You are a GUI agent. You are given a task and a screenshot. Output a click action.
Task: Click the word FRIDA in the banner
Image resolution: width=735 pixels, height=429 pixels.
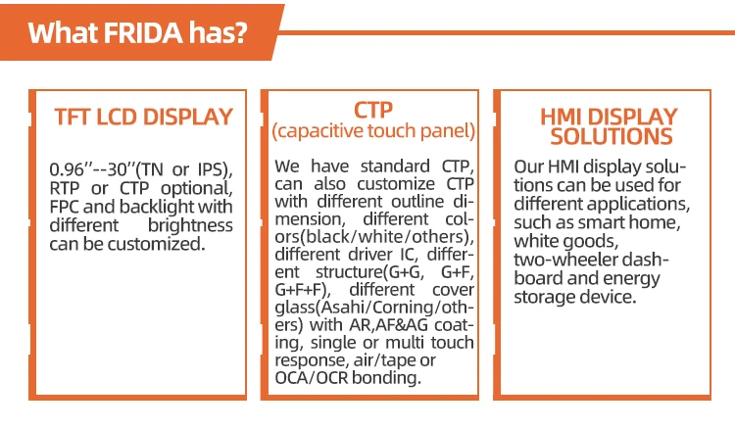[x=142, y=32]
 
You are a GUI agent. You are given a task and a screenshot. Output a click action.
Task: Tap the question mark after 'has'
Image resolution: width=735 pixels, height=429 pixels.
[x=240, y=32]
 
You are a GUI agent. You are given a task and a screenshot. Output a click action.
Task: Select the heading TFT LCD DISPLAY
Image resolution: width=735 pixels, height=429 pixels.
[x=143, y=117]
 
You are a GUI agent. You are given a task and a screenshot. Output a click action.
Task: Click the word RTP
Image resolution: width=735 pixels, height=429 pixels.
[x=65, y=188]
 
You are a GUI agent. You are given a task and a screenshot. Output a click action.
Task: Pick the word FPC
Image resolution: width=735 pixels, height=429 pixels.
[x=64, y=207]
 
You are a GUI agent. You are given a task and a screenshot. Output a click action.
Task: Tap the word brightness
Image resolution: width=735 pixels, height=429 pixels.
[x=190, y=225]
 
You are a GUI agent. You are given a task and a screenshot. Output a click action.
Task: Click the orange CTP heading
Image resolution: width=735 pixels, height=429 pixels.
[x=373, y=110]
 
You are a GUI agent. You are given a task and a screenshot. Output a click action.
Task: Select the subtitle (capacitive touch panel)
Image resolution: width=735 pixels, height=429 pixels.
[x=373, y=130]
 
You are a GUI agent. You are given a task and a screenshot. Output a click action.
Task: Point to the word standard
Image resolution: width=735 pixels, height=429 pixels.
[x=395, y=167]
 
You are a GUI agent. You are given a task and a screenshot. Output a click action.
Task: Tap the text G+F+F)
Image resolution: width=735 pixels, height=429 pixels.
[x=303, y=290]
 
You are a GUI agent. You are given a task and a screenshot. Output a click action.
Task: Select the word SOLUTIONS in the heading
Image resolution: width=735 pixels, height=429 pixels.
[x=612, y=137]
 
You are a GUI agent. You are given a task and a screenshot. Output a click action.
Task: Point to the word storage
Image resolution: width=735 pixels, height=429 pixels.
[x=544, y=297]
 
